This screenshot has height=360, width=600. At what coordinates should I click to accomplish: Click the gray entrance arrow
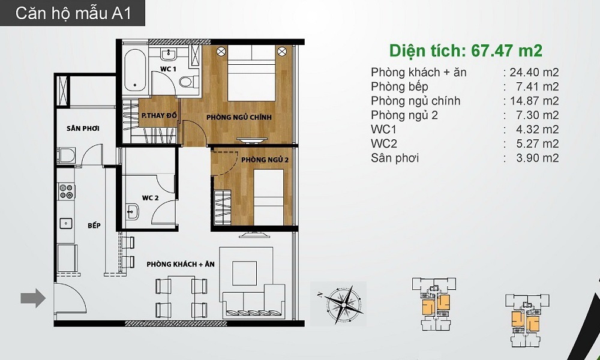[x=33, y=298]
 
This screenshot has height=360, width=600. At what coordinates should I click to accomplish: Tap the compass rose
[x=344, y=304]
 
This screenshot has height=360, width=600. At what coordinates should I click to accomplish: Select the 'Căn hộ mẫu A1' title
[x=73, y=13]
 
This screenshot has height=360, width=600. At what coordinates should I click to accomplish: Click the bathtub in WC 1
[x=135, y=70]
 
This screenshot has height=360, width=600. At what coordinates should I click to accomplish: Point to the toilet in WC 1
[x=189, y=81]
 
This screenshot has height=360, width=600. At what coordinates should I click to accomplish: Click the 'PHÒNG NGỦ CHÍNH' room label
[x=239, y=117]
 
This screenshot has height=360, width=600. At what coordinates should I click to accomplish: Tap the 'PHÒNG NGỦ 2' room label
[x=265, y=159]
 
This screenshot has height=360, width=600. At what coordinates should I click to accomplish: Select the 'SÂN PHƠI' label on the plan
[x=83, y=128]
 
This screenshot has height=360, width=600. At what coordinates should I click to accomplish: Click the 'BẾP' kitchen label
[x=94, y=226]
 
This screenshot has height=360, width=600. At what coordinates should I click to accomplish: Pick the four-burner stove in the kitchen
[x=66, y=191]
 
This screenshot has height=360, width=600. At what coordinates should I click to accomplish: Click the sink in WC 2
[x=133, y=212]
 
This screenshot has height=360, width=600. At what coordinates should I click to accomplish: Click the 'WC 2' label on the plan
[x=150, y=198]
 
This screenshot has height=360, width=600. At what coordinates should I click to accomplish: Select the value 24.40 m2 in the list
[x=534, y=73]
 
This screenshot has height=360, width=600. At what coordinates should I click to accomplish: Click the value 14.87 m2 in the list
[x=534, y=101]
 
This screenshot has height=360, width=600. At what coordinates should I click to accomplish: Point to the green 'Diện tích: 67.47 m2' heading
[x=466, y=50]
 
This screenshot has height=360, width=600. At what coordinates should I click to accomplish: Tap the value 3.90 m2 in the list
[x=537, y=158]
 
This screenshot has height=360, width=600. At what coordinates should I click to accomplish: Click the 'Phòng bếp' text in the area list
[x=400, y=87]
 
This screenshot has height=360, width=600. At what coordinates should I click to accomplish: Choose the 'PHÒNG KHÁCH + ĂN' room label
[x=181, y=265]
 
